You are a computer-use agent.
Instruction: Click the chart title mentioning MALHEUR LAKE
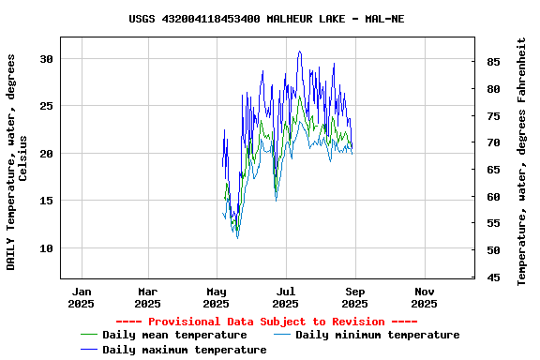[266, 19]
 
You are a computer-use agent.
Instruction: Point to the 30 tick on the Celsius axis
[47, 59]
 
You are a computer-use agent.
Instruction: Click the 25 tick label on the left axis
[47, 106]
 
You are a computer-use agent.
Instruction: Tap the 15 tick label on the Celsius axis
[47, 201]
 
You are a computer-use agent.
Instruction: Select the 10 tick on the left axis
[47, 248]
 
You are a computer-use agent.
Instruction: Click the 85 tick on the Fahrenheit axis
[493, 62]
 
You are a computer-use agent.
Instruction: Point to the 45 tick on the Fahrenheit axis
[493, 277]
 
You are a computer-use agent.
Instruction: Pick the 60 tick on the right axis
[493, 197]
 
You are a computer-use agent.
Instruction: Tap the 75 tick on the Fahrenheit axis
[493, 116]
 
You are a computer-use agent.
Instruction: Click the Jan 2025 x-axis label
[82, 297]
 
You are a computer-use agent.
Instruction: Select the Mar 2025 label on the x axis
[147, 297]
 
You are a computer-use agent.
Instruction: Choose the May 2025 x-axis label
[217, 297]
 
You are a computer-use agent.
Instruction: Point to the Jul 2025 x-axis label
[286, 297]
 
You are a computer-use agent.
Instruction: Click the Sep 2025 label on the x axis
[354, 297]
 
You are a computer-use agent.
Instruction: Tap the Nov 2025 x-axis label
[424, 297]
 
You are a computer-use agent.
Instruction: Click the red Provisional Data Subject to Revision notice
[272, 322]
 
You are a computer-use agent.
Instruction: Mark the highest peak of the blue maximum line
[299, 52]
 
